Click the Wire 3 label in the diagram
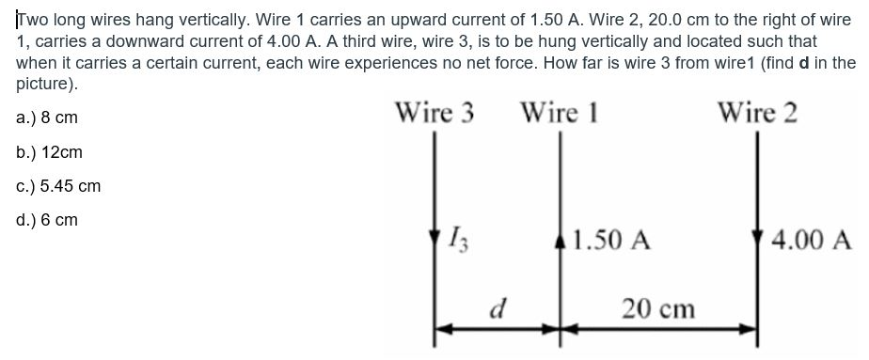[x=434, y=114]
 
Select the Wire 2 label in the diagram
[x=757, y=114]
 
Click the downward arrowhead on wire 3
[x=434, y=235]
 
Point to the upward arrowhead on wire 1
[x=561, y=235]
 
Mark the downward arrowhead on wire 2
[x=759, y=235]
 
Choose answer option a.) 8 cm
[x=47, y=118]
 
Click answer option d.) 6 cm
[x=47, y=221]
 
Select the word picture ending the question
[x=45, y=83]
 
